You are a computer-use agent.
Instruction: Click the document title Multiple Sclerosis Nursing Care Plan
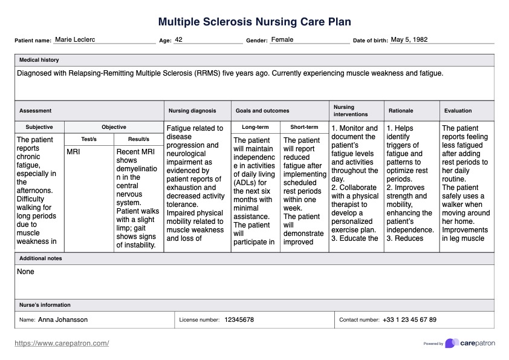pyautogui.click(x=254, y=22)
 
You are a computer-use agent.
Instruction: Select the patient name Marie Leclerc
pyautogui.click(x=75, y=40)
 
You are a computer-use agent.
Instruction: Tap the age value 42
pyautogui.click(x=179, y=40)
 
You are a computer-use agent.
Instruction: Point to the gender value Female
pyautogui.click(x=282, y=40)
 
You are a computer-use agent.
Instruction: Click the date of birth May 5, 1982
pyautogui.click(x=409, y=40)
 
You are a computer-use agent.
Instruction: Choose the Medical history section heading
pyautogui.click(x=39, y=61)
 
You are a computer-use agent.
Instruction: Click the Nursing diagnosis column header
pyautogui.click(x=192, y=111)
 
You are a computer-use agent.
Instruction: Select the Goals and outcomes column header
pyautogui.click(x=262, y=111)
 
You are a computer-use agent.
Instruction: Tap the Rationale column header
pyautogui.click(x=401, y=111)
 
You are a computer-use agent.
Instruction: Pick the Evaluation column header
pyautogui.click(x=458, y=111)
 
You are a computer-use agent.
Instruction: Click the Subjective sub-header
pyautogui.click(x=39, y=128)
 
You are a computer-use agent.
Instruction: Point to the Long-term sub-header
pyautogui.click(x=255, y=128)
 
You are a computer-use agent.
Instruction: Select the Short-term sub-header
pyautogui.click(x=304, y=128)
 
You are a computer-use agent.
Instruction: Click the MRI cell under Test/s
pyautogui.click(x=73, y=152)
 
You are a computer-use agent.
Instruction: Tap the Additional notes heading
pyautogui.click(x=41, y=258)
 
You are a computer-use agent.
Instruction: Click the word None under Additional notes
pyautogui.click(x=26, y=272)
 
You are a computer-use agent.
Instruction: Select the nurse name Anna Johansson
pyautogui.click(x=63, y=320)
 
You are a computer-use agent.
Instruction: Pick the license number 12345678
pyautogui.click(x=239, y=320)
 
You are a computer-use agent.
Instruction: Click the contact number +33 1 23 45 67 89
pyautogui.click(x=409, y=320)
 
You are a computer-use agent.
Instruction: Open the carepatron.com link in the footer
pyautogui.click(x=62, y=344)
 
